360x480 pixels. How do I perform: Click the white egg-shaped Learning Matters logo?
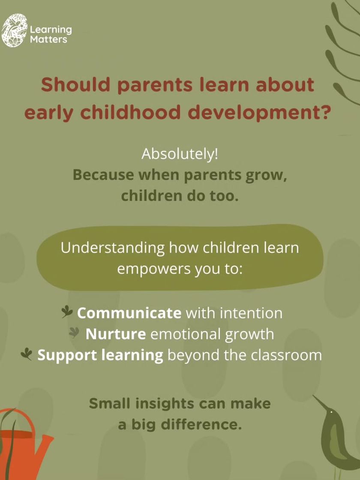pos(15,30)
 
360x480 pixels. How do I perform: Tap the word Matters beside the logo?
pos(48,39)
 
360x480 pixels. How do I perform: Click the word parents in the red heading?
pos(155,86)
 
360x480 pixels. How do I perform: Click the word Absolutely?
pos(180,154)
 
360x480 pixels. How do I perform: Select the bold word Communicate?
pos(129,313)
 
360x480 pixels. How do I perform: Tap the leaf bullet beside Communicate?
pos(67,312)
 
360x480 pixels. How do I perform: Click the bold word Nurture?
pos(116,334)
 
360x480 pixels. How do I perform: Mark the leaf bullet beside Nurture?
pos(75,333)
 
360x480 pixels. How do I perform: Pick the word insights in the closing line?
pos(165,404)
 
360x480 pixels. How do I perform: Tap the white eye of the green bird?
pos(331,412)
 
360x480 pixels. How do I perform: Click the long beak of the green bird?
pos(320,402)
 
